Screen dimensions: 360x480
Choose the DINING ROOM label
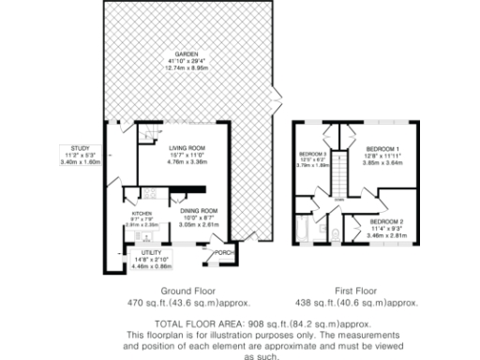(x=199, y=210)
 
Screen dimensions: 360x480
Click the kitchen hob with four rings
(x=149, y=195)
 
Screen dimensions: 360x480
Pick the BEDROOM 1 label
(x=382, y=148)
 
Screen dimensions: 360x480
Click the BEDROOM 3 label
(x=312, y=154)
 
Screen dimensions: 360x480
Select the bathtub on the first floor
(x=302, y=231)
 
